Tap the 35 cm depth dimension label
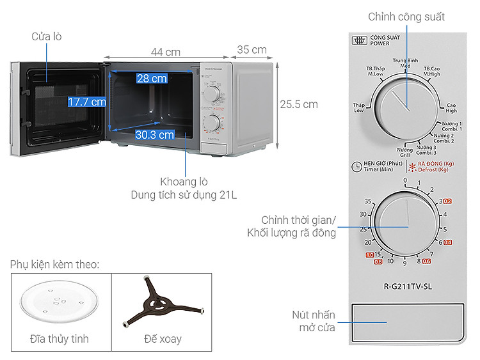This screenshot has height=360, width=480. point(252,50)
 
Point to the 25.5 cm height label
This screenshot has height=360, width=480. point(298,104)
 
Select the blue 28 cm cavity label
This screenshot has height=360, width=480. point(152,79)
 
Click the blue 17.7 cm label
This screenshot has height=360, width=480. point(87,102)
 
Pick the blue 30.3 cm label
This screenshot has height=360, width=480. point(155,134)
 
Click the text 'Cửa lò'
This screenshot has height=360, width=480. point(47,37)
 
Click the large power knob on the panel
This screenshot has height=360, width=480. point(406,103)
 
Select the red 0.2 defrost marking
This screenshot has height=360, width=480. point(447,201)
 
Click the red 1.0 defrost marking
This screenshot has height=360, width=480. point(369,255)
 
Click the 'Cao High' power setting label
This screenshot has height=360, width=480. point(451,107)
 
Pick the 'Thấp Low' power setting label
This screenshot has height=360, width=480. point(358,107)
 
